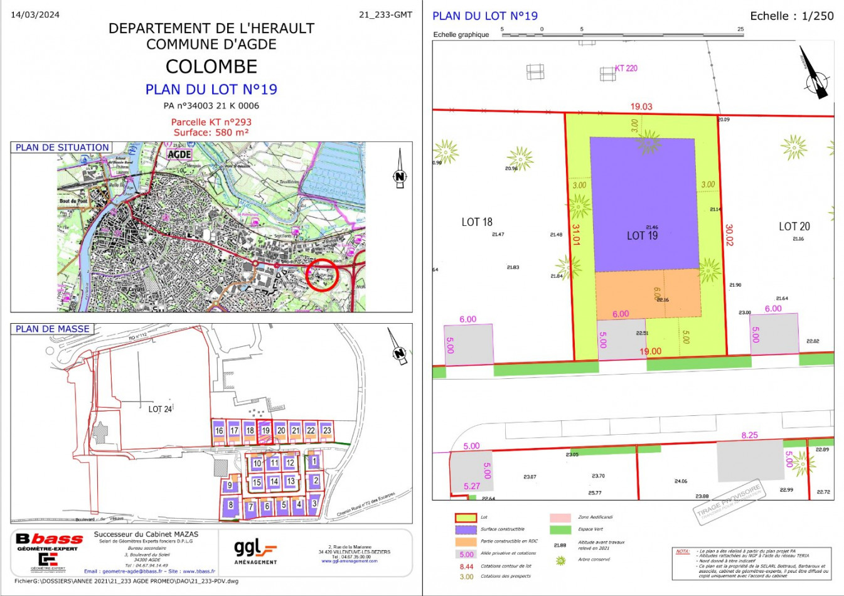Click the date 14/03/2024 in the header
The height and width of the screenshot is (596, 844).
click(35, 14)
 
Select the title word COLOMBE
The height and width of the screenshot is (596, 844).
click(211, 67)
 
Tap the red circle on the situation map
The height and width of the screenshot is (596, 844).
click(323, 275)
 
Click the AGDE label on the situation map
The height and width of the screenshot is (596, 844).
click(179, 154)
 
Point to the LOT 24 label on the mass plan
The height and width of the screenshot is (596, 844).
click(160, 409)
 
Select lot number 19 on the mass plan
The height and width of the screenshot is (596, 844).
click(265, 430)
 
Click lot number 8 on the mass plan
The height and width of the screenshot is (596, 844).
click(231, 505)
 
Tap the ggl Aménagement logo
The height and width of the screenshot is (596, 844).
click(255, 551)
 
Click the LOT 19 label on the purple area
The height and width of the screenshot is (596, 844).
click(642, 236)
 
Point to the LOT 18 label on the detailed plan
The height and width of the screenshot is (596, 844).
click(477, 222)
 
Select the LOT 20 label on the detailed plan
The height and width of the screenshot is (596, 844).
click(794, 226)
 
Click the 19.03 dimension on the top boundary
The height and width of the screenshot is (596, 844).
click(641, 107)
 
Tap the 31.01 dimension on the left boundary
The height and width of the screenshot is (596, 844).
click(576, 234)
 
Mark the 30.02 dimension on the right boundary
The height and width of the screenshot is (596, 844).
click(729, 235)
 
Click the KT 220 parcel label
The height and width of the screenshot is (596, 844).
click(626, 68)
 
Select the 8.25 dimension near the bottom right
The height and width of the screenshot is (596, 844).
click(749, 435)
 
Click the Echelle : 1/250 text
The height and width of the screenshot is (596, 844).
click(792, 16)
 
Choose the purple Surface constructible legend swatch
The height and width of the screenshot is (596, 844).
click(465, 529)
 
